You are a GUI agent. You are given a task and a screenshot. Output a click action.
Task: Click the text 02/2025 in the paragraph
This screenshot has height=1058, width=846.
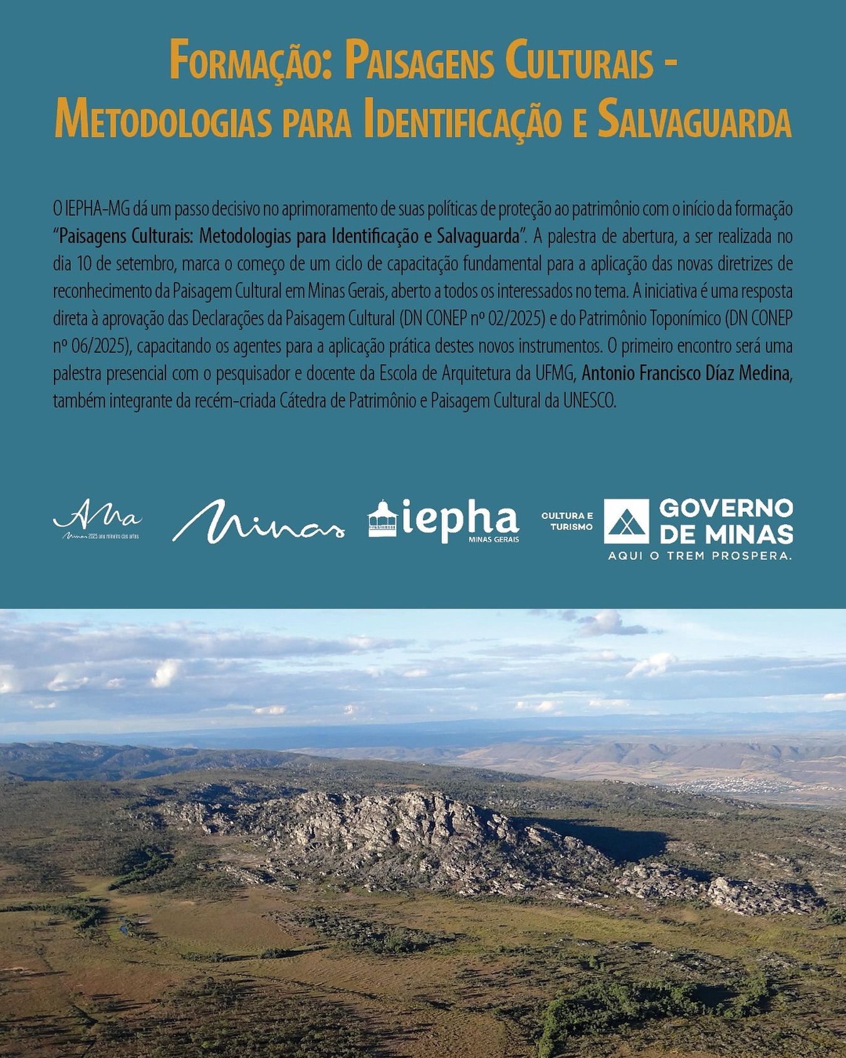click(515, 319)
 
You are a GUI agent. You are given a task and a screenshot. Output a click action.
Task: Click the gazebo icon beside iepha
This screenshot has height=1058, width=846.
click(382, 519)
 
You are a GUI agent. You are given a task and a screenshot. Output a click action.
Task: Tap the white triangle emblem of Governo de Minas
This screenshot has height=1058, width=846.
click(626, 521)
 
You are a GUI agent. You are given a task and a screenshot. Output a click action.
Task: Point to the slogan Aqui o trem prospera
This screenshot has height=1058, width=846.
click(699, 556)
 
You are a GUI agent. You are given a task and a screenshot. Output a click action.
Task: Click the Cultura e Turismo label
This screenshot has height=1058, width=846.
click(567, 521)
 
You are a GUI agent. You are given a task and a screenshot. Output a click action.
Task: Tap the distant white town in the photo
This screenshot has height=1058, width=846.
click(733, 783)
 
